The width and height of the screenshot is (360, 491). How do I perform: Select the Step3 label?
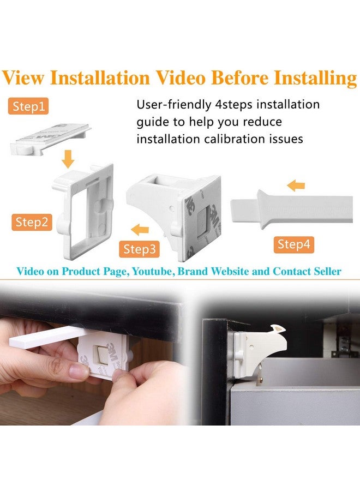point(140,249)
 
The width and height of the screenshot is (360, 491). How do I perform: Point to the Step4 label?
point(293,244)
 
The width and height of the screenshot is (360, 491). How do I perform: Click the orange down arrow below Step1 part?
point(68,159)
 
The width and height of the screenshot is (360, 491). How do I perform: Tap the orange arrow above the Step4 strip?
point(296,186)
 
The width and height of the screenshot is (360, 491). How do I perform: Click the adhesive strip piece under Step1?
point(50,139)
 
